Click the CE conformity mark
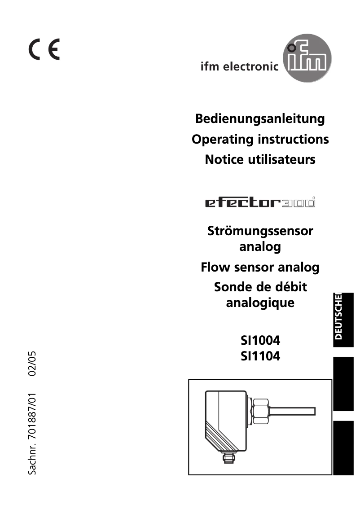click(44, 50)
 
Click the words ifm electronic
click(239, 67)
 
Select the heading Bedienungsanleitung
click(260, 119)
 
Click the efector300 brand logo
click(260, 203)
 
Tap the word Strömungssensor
click(260, 232)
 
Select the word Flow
click(215, 268)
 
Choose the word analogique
click(260, 302)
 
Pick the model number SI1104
click(260, 356)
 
